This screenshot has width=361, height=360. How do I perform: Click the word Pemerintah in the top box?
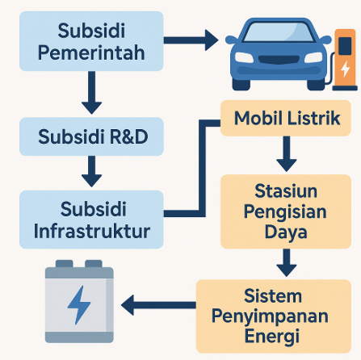(x=91, y=53)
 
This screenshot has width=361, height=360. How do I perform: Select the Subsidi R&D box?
(x=91, y=136)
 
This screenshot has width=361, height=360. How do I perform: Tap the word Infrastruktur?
(x=92, y=231)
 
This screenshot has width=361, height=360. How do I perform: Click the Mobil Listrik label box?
(x=286, y=118)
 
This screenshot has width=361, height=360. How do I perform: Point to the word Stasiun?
(x=286, y=191)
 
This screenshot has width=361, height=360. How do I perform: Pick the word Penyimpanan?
(x=270, y=316)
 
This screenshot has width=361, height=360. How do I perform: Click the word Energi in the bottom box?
(x=272, y=337)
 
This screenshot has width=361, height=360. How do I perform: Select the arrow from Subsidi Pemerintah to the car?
(x=191, y=40)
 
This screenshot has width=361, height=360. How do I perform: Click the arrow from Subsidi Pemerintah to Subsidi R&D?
(x=91, y=93)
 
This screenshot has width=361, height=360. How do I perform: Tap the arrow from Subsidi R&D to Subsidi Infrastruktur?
(x=91, y=171)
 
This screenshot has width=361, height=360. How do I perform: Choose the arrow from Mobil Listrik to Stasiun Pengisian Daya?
(x=287, y=153)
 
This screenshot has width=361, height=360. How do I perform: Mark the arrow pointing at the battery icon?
(x=158, y=305)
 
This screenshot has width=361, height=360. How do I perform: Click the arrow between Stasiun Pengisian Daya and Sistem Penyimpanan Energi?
(x=287, y=262)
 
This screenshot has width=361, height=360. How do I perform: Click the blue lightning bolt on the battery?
(x=79, y=305)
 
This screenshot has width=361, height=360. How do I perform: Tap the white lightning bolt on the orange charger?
(x=345, y=69)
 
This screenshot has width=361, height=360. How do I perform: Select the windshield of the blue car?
(x=279, y=32)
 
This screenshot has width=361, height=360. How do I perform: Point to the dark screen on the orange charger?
(x=345, y=46)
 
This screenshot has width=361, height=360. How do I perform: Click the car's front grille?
(x=279, y=60)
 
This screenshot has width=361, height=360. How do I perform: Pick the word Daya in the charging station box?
(x=286, y=232)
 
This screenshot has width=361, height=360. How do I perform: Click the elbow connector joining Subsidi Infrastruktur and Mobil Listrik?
(x=202, y=168)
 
